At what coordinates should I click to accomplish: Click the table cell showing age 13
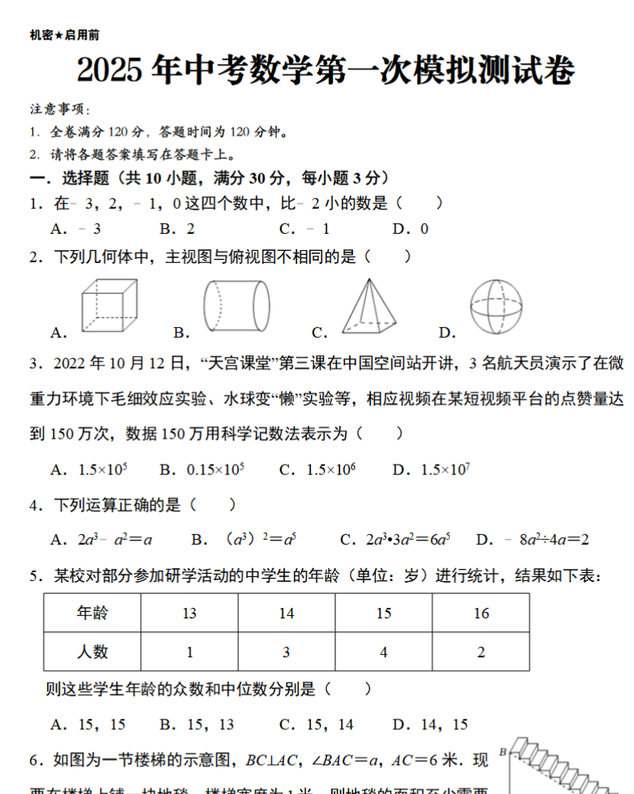(x=189, y=614)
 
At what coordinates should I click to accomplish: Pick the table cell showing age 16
(x=481, y=614)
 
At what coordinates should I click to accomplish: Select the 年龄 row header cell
(x=92, y=614)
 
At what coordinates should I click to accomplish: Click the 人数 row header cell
(x=92, y=652)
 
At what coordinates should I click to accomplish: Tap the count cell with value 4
(x=384, y=652)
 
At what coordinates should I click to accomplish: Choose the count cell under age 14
(x=287, y=652)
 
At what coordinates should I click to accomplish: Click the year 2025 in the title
(x=111, y=71)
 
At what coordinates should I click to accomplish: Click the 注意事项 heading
(x=60, y=109)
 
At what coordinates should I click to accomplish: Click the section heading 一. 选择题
(x=68, y=178)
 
